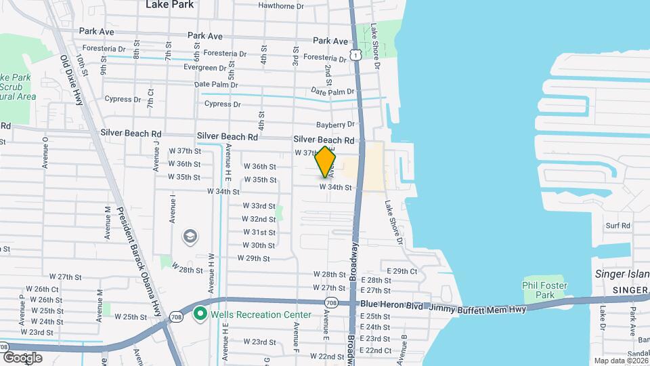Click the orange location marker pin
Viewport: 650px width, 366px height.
point(326,163)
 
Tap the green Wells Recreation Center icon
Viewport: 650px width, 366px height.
point(200,314)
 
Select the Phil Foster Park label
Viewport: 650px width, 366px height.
point(543,290)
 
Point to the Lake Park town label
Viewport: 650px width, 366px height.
point(169,5)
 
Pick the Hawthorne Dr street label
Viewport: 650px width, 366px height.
point(281,6)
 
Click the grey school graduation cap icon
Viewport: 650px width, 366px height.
point(190,236)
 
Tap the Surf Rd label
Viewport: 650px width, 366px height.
point(617,225)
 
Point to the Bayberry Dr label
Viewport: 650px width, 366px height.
point(336,125)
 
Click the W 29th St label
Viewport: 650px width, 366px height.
point(254,258)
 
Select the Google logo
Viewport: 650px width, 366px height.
point(22,357)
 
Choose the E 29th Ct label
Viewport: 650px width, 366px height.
point(404,270)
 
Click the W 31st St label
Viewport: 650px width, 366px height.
point(259,232)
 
